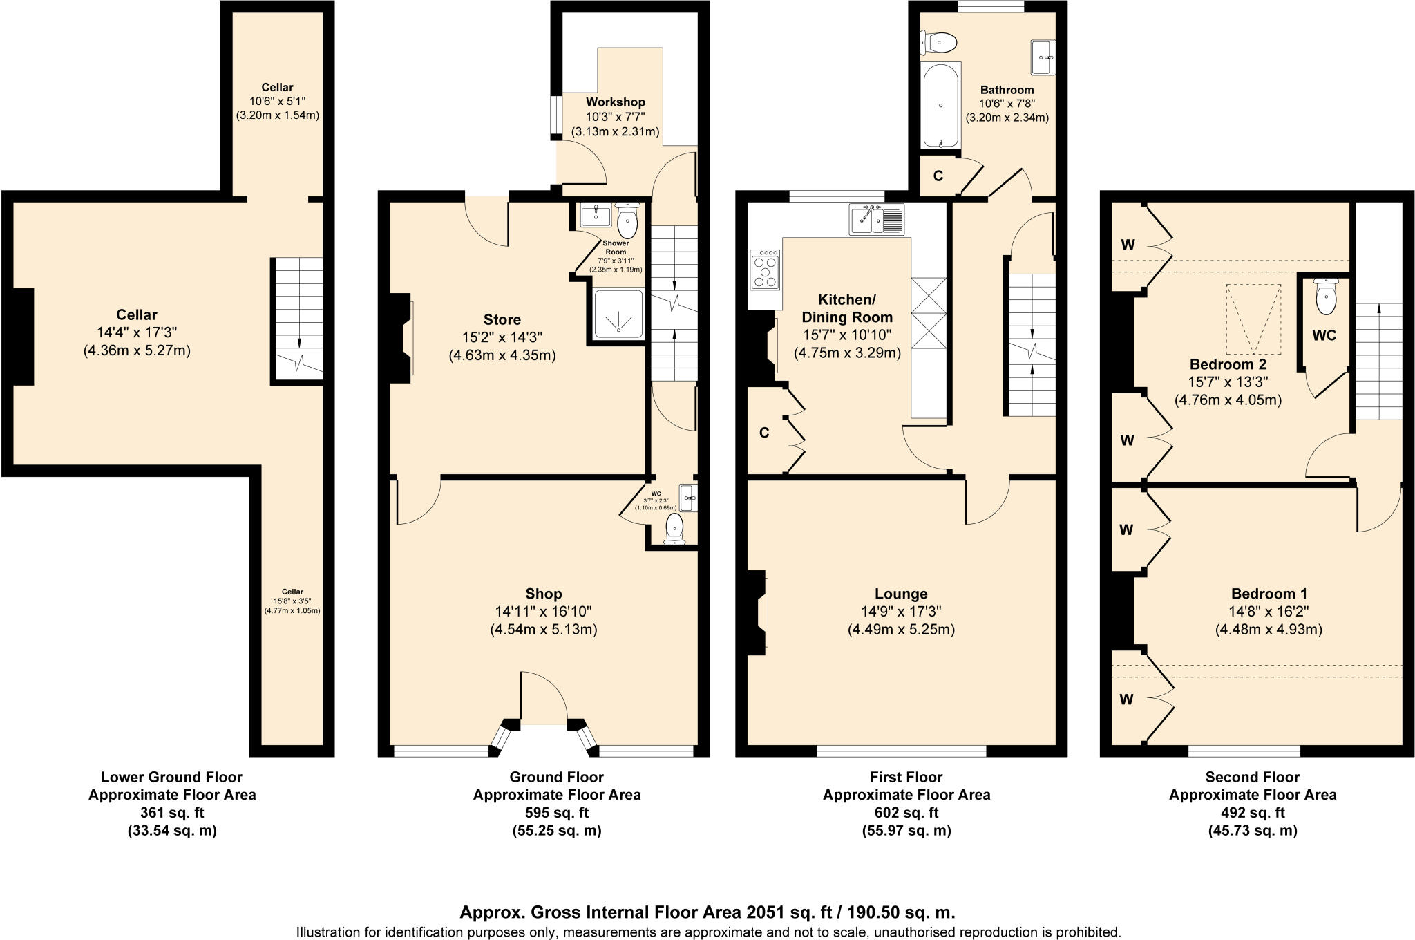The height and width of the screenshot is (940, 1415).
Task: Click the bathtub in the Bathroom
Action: click(940, 105)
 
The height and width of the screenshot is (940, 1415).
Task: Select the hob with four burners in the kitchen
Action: click(766, 271)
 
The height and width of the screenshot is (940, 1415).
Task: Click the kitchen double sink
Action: click(875, 220)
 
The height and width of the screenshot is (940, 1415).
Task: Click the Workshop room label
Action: click(615, 102)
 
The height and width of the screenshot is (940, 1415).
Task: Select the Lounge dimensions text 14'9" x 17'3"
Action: click(900, 612)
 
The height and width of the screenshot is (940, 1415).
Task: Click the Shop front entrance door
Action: click(544, 698)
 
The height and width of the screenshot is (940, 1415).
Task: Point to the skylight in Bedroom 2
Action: click(1254, 319)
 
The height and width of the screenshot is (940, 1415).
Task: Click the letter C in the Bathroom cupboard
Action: click(938, 176)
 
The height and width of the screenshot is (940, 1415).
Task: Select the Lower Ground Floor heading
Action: click(171, 777)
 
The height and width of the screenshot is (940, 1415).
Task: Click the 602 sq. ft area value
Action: click(906, 813)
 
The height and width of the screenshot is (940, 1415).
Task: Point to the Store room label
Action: click(502, 319)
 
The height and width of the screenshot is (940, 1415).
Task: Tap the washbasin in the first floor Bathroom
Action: click(1043, 57)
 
